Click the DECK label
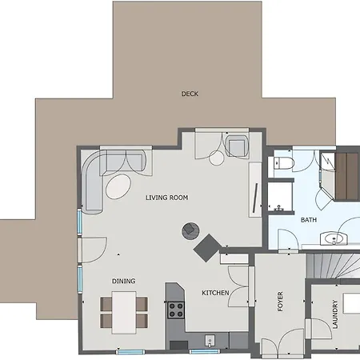(x=190, y=94)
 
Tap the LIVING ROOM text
(x=167, y=198)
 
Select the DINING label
(x=123, y=281)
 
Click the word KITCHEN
(x=215, y=293)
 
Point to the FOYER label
(x=280, y=302)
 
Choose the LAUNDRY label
(x=335, y=314)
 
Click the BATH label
(x=309, y=220)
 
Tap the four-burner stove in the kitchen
(x=176, y=310)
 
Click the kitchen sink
(x=210, y=341)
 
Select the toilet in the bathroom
(x=284, y=162)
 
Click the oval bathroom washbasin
(x=334, y=238)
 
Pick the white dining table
(x=124, y=313)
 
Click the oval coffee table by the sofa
(x=118, y=186)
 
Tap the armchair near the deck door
(x=237, y=146)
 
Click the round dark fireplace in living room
(x=190, y=230)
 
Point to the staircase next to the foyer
(x=333, y=266)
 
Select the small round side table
(x=216, y=158)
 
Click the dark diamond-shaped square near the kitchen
(x=207, y=248)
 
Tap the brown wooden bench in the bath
(x=346, y=176)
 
